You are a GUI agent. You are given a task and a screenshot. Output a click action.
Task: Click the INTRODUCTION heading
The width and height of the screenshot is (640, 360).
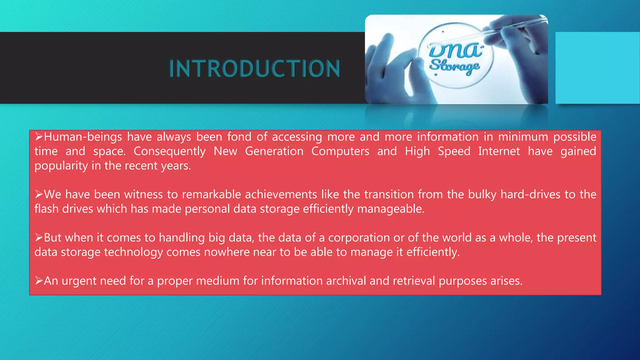254,69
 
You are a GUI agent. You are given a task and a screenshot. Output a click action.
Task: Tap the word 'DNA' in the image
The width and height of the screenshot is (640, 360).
455,50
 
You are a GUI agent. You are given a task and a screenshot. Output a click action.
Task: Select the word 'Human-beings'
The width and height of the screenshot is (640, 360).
83,137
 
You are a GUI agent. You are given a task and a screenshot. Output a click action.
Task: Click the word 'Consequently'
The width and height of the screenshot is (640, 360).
169,152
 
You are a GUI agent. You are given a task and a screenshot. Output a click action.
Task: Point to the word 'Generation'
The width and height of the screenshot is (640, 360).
274,151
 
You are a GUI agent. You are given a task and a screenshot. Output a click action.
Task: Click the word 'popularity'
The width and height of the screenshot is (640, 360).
61,166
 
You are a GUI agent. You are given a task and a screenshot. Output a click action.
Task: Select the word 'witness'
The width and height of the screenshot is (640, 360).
143,195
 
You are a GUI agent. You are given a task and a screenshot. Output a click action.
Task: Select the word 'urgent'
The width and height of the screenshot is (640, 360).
79,281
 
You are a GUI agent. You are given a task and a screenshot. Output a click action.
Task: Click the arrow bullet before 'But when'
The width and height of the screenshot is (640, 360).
39,238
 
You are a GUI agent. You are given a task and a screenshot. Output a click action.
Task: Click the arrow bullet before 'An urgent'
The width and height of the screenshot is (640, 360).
39,281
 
